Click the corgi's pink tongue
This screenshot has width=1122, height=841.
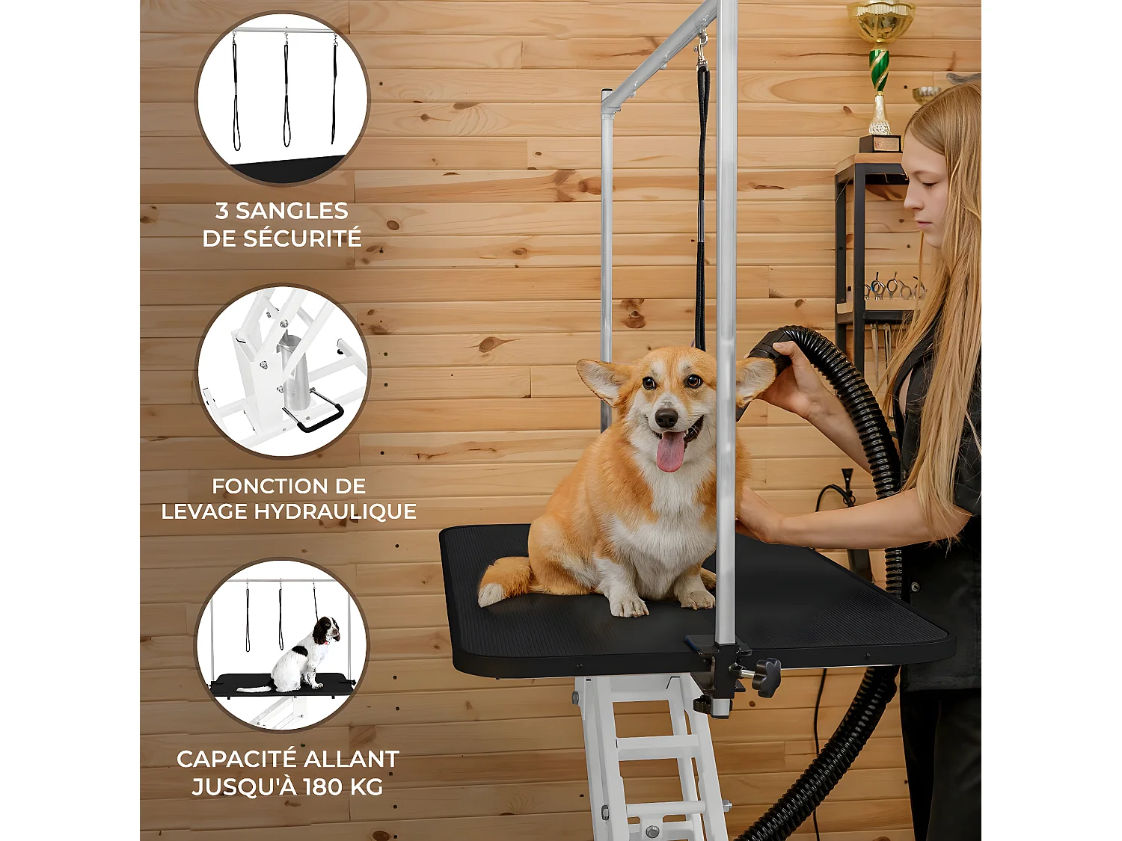pos(670,452)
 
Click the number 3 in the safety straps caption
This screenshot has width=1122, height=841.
pos(222,211)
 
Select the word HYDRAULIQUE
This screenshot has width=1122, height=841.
pos(335,511)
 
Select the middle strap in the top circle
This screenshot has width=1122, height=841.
pos(286,91)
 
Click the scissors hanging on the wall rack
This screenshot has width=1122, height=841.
pos(894,288)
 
